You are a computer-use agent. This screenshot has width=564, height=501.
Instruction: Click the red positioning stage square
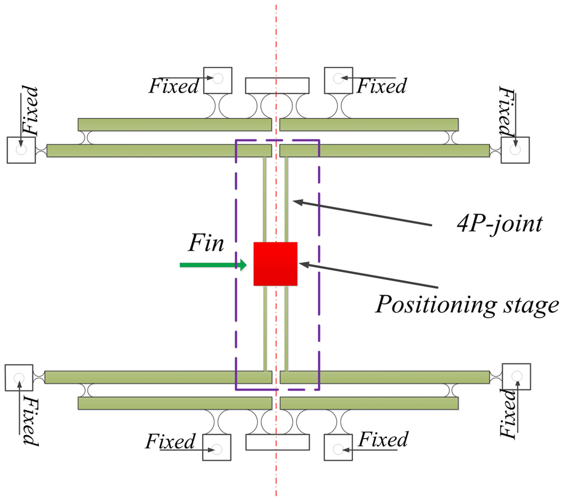pyautogui.click(x=275, y=264)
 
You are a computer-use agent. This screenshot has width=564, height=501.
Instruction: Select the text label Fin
pyautogui.click(x=206, y=243)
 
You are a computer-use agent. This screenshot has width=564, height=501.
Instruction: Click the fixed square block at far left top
pyautogui.click(x=21, y=150)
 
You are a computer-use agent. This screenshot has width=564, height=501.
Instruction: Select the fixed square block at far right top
pyautogui.click(x=515, y=150)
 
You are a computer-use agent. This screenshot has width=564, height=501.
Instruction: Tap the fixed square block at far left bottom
pyautogui.click(x=19, y=378)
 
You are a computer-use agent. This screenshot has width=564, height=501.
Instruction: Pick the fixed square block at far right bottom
pyautogui.click(x=516, y=376)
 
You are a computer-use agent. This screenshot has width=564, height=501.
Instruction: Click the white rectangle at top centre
pyautogui.click(x=277, y=85)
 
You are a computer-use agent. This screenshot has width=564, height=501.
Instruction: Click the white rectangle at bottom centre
pyautogui.click(x=277, y=442)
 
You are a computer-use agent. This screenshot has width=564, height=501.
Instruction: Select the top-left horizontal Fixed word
pyautogui.click(x=174, y=86)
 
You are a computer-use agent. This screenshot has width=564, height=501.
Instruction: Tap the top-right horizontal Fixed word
pyautogui.click(x=382, y=86)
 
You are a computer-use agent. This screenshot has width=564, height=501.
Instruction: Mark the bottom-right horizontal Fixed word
pyautogui.click(x=383, y=439)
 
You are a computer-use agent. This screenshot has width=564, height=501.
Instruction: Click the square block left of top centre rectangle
pyautogui.click(x=218, y=80)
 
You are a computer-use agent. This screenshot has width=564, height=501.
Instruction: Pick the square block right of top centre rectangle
pyautogui.click(x=339, y=80)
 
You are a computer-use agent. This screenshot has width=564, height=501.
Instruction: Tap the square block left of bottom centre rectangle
pyautogui.click(x=217, y=447)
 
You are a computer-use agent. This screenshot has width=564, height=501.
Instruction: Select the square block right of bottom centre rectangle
pyautogui.click(x=338, y=447)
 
